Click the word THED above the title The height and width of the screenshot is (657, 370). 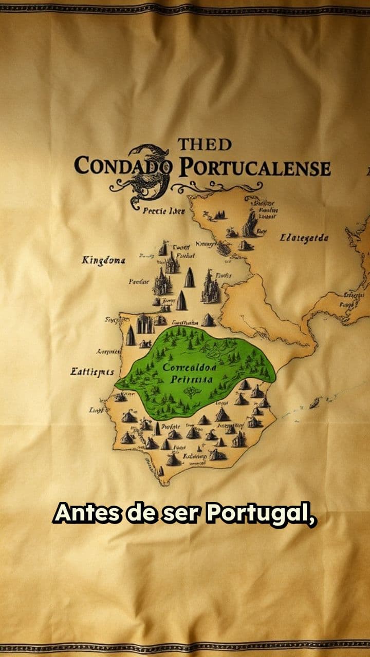point(205,145)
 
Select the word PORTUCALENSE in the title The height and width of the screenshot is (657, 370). point(254,168)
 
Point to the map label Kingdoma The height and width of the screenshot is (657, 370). point(103,261)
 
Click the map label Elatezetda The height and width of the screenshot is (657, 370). point(304,238)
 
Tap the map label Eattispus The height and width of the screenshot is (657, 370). point(92,371)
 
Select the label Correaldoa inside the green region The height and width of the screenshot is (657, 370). point(190,368)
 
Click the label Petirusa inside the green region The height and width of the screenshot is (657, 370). point(191,380)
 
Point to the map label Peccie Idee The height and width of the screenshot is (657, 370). point(163,210)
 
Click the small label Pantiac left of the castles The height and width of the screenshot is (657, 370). point(139,281)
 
